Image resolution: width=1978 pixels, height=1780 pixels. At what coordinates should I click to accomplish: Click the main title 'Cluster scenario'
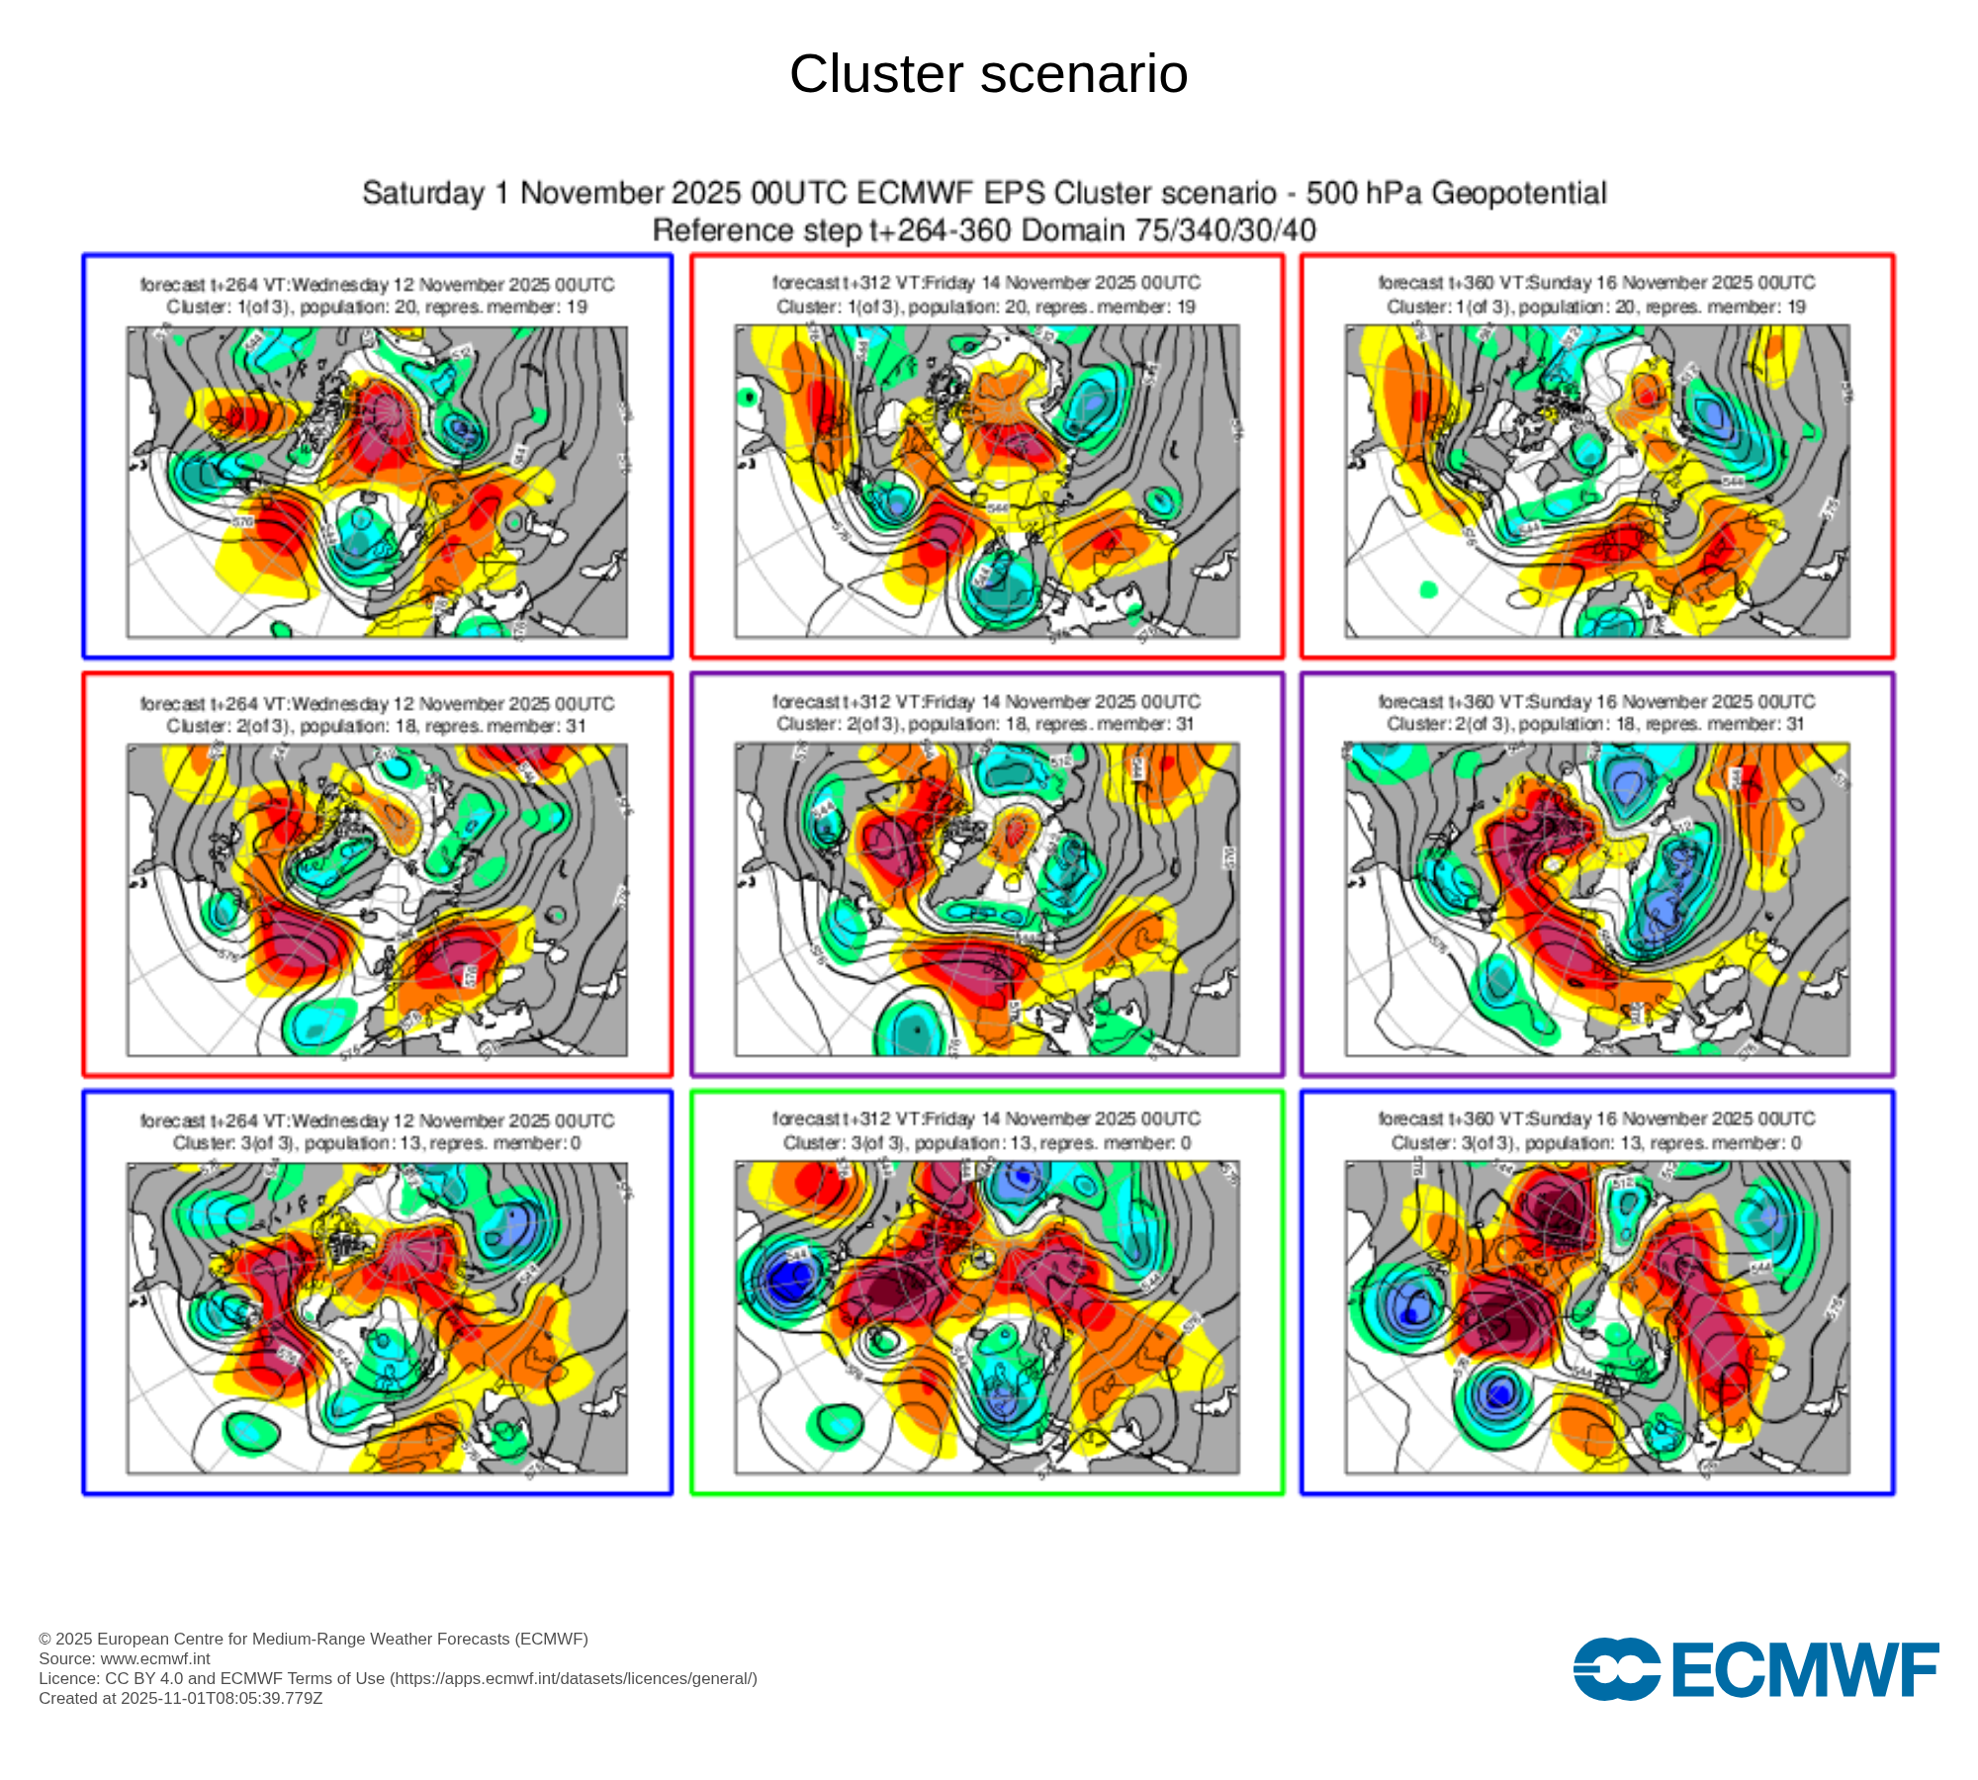point(988,74)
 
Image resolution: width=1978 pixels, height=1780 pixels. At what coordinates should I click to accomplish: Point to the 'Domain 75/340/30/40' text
point(1168,230)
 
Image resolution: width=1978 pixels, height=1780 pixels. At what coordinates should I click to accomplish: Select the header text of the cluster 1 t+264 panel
point(377,296)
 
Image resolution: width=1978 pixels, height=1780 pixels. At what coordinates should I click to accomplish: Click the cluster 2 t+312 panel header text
point(986,713)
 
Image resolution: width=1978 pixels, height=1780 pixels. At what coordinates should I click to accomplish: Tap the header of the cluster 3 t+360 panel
point(1596,1130)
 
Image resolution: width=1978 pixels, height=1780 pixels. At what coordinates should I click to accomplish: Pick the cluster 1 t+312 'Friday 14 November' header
point(986,294)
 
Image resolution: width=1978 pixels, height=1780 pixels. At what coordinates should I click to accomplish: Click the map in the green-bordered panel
point(986,1317)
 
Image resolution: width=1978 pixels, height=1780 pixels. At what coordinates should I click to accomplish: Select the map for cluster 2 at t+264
point(377,900)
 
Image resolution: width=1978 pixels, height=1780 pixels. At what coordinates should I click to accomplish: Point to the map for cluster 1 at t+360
point(1596,482)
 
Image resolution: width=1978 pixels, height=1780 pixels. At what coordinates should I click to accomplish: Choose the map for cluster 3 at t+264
point(377,1318)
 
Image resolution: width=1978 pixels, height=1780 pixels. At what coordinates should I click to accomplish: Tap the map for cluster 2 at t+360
point(1596,899)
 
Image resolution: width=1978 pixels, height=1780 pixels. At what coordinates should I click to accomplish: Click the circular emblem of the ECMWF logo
point(1616,1669)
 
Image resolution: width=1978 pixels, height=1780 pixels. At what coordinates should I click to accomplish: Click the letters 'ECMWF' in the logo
point(1804,1670)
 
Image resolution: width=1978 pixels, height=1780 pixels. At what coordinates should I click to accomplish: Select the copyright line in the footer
point(314,1639)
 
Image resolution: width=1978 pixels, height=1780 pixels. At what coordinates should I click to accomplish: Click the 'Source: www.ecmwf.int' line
point(125,1658)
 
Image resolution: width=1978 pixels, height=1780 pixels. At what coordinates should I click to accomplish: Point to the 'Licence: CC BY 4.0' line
point(398,1678)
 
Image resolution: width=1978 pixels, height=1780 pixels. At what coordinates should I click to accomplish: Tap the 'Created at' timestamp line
point(181,1698)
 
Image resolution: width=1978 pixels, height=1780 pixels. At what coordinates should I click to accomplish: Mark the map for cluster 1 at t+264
point(377,483)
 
